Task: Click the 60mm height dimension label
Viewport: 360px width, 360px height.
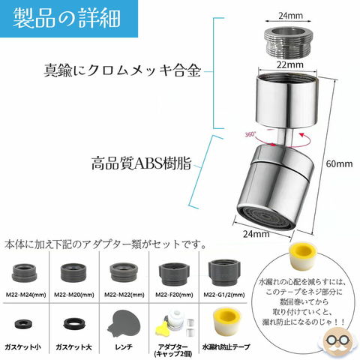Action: coord(339,164)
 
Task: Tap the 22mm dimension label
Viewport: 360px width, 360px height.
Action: coord(290,65)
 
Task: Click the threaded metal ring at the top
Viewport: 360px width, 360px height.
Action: coord(288,41)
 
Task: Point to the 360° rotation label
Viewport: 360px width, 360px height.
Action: coord(250,134)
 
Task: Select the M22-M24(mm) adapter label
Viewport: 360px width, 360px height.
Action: coord(26,295)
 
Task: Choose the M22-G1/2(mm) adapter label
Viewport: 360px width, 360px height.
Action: coord(224,295)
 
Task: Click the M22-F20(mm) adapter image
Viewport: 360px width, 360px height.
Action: coord(174,274)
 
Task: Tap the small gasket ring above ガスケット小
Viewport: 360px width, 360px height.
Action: coord(22,324)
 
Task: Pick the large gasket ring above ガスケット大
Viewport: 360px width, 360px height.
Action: coord(73,324)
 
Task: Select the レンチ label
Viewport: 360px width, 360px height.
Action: coord(124,347)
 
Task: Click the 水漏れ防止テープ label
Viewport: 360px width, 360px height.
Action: coord(226,347)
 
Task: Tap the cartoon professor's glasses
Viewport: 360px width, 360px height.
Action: coord(338,340)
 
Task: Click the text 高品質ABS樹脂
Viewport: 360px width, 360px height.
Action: coord(142,163)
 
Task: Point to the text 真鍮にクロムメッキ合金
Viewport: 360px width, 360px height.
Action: coord(122,70)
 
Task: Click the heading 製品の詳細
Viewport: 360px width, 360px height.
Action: coord(67,18)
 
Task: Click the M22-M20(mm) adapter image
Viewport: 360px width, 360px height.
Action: coord(74,273)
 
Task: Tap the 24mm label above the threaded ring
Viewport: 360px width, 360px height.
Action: coord(291,16)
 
